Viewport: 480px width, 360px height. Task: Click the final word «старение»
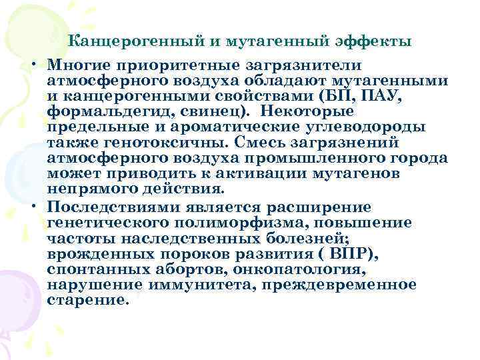pos(85,300)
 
